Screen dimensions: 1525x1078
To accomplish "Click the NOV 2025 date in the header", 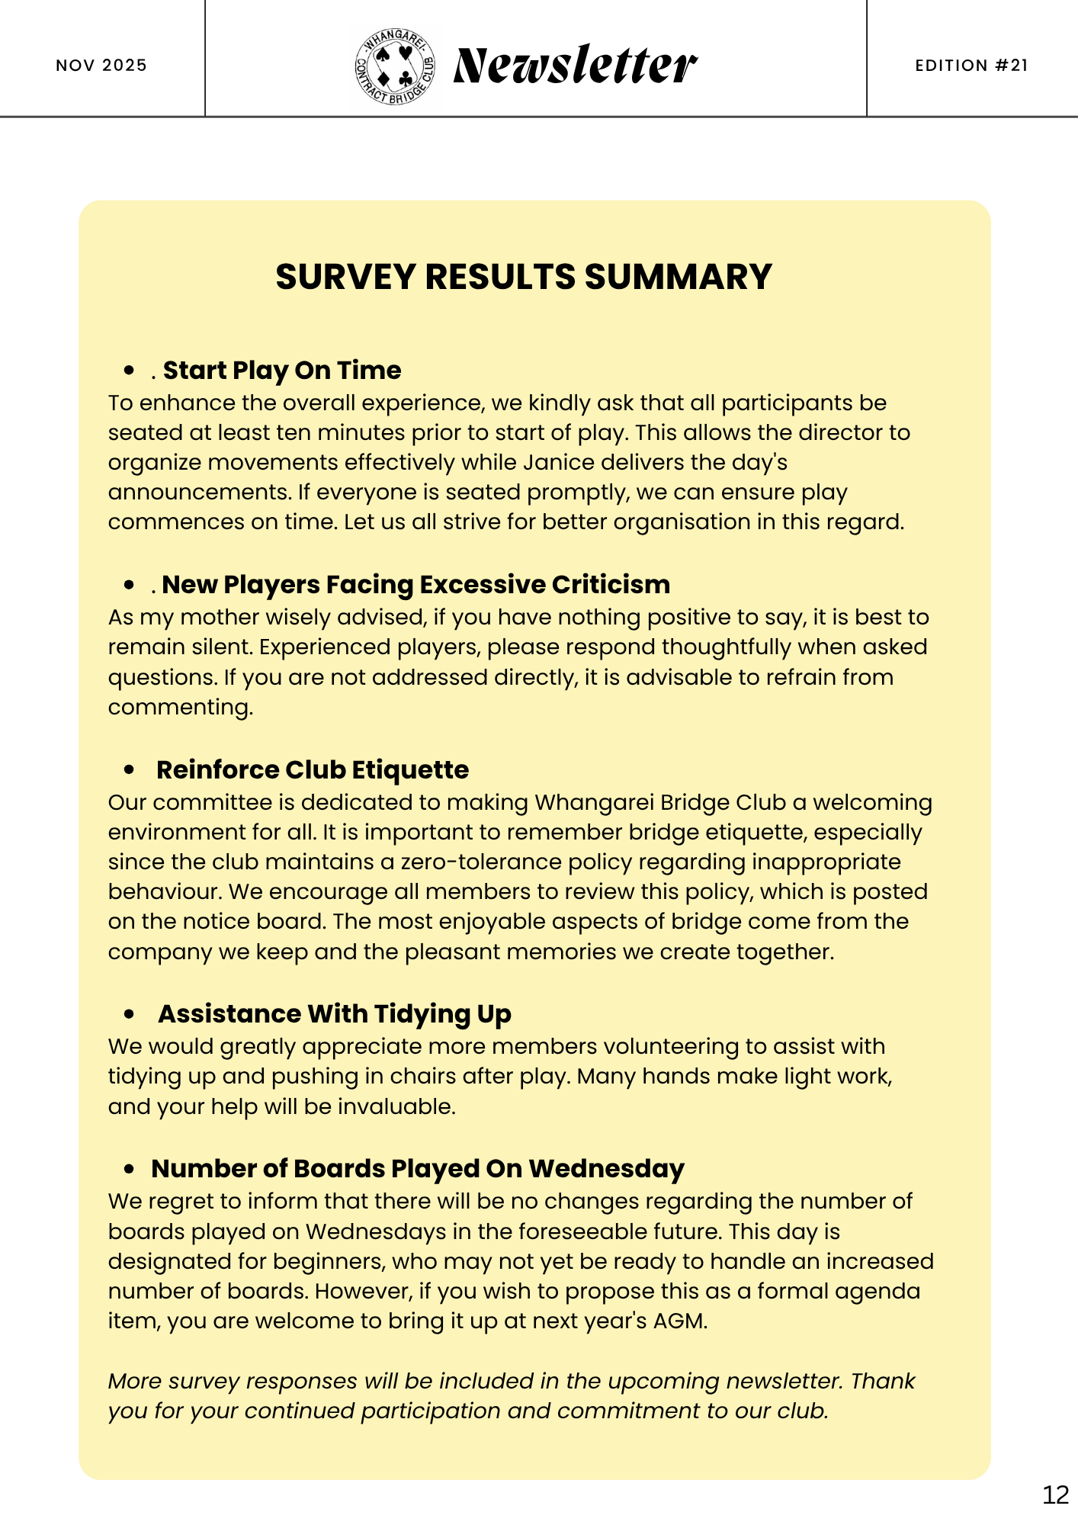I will coord(101,66).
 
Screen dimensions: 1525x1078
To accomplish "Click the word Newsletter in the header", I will coord(575,66).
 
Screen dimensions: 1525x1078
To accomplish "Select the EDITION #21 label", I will coord(971,66).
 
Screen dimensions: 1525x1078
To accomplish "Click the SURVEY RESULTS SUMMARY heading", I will coord(524,277).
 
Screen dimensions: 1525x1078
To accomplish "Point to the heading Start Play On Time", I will coord(281,371).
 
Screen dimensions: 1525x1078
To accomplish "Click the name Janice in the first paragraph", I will coord(557,463).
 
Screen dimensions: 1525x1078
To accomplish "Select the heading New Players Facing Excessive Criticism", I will coord(415,585).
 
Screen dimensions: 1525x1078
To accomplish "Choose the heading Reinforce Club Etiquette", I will coord(312,770).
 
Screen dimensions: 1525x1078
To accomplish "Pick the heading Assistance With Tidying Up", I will coord(334,1014).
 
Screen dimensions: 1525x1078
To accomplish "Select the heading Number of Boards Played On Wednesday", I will coord(418,1169).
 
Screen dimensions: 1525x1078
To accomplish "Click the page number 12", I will coord(1055,1494).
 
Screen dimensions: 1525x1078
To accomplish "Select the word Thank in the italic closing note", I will coord(882,1381).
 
